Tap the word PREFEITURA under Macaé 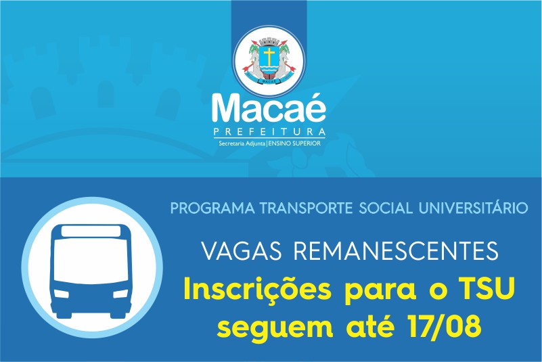(269, 132)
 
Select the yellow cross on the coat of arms (269, 55)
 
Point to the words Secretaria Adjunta (242, 143)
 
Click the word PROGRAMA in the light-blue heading (212, 208)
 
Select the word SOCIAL (386, 208)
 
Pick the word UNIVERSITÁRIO (473, 208)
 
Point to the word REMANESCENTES (396, 251)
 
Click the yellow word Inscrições (258, 290)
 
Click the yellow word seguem (275, 328)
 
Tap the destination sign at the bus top (91, 231)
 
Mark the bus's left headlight (62, 294)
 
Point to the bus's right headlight (120, 294)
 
